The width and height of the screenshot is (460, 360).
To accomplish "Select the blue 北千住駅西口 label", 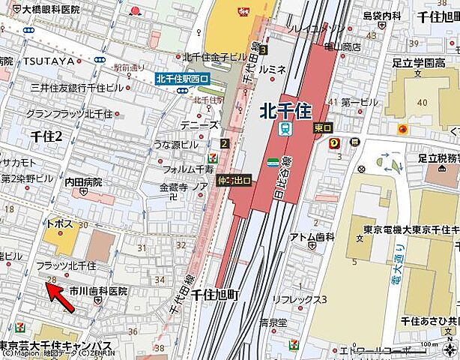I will [x=183, y=78].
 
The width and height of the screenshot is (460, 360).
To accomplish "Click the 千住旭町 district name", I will [x=214, y=295].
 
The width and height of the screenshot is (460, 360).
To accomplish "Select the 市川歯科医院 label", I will [x=98, y=290].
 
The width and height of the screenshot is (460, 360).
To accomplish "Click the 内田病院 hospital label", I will [x=83, y=182].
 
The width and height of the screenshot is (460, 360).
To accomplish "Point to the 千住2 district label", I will [x=46, y=134].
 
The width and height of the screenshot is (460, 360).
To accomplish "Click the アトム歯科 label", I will [x=312, y=237].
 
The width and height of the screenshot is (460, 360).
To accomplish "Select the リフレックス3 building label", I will [x=300, y=300].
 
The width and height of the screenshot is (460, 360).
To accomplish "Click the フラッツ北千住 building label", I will [x=67, y=266].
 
